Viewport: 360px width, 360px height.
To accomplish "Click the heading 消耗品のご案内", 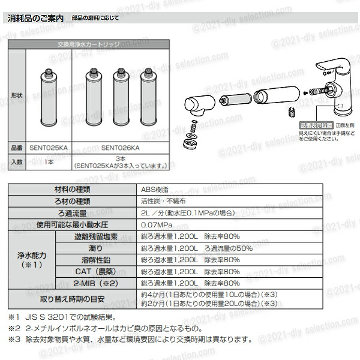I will pos(37,19).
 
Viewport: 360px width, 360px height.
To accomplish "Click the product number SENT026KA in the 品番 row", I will pos(120,147).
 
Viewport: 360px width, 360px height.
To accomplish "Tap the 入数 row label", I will pos(16,161).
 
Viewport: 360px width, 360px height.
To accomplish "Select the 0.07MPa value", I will pos(155,225).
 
